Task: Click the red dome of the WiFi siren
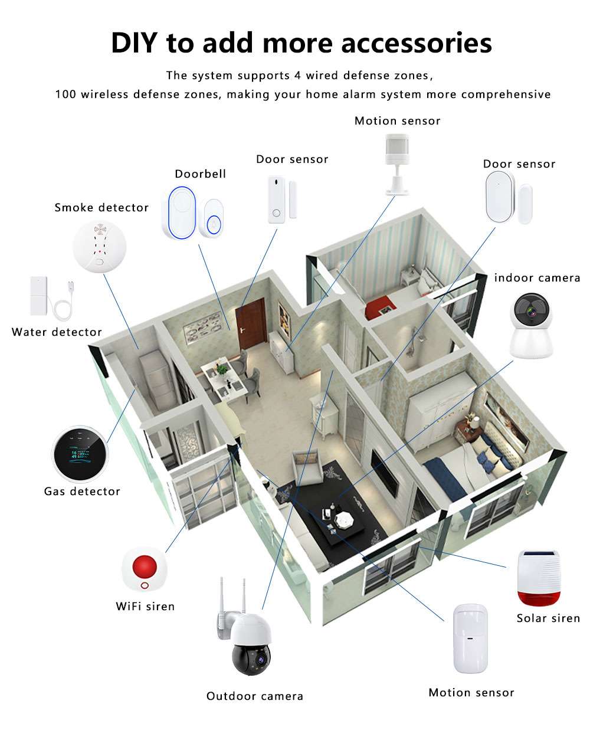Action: click(145, 567)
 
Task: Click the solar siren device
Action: click(538, 578)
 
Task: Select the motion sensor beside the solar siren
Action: click(471, 638)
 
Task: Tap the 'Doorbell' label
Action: click(200, 174)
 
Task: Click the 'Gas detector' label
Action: click(82, 492)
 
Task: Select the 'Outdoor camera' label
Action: click(255, 696)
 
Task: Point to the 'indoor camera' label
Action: click(537, 278)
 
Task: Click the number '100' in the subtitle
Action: click(65, 94)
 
